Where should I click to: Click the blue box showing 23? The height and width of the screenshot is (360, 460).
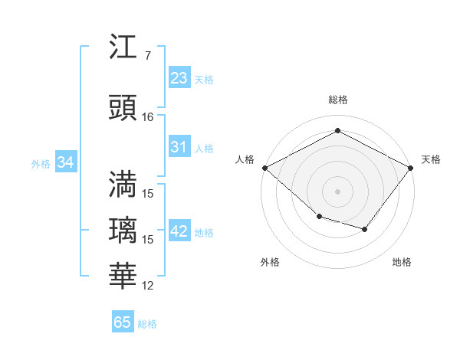179,78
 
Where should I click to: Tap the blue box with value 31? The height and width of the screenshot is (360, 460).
179,147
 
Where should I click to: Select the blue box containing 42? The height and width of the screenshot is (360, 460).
179,231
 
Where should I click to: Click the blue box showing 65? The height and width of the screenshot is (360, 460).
123,322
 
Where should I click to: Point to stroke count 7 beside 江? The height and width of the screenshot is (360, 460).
147,56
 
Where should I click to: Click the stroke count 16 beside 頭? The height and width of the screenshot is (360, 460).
148,117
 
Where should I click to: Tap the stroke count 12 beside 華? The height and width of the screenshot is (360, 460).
148,286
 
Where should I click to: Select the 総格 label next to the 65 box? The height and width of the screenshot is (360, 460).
147,324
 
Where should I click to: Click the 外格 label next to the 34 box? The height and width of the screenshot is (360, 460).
41,163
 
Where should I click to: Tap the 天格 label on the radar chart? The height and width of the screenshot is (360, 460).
431,159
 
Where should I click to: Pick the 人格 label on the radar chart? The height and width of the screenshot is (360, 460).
245,159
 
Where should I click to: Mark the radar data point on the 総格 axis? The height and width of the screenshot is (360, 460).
337,131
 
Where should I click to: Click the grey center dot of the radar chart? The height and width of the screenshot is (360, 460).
337,191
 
